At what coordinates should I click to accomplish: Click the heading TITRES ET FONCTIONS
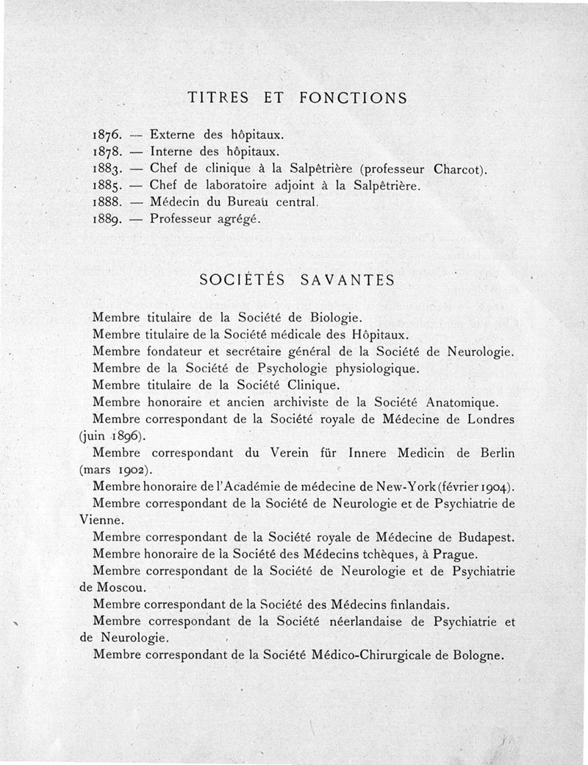click(297, 98)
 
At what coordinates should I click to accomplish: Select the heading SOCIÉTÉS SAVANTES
click(297, 280)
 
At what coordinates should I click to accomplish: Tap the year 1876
click(108, 135)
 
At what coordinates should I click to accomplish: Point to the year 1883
click(108, 170)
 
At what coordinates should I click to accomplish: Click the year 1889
click(108, 218)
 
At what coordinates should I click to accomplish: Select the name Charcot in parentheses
click(457, 170)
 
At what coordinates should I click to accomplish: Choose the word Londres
click(488, 419)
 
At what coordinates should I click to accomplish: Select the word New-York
click(405, 487)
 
